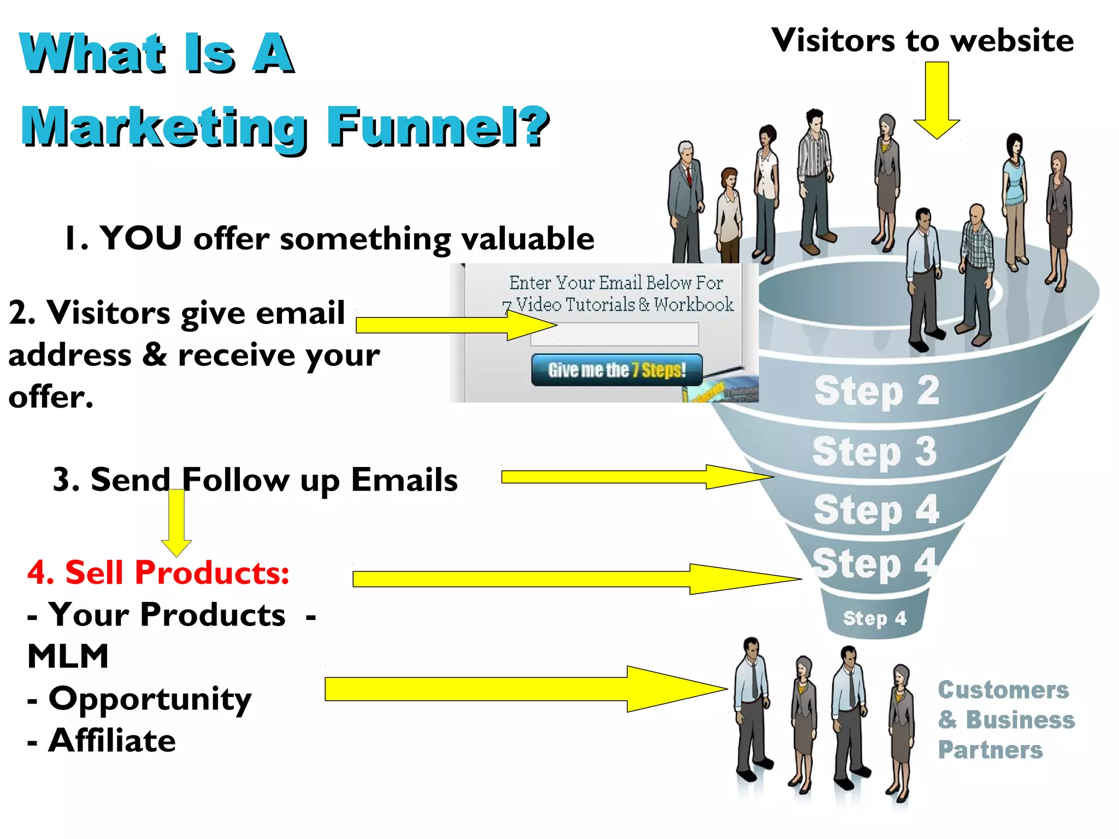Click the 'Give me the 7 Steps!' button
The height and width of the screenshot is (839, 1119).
(616, 370)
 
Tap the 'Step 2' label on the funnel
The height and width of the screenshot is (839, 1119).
(876, 391)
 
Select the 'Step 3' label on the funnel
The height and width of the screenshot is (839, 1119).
(874, 451)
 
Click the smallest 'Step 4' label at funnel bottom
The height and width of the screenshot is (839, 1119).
(874, 618)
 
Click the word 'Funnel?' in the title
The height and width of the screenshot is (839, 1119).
(438, 126)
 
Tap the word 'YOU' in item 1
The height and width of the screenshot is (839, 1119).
(140, 238)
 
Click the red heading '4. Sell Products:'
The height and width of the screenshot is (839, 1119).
(158, 572)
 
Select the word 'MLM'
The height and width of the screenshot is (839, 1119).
(68, 656)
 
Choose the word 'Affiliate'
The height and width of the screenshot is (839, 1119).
(112, 740)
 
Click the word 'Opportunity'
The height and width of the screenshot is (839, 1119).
(150, 699)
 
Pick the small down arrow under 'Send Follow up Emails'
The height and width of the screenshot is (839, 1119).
(176, 522)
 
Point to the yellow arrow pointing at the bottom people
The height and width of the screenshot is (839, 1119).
(525, 689)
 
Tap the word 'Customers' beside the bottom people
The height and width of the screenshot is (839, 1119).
(1003, 690)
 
